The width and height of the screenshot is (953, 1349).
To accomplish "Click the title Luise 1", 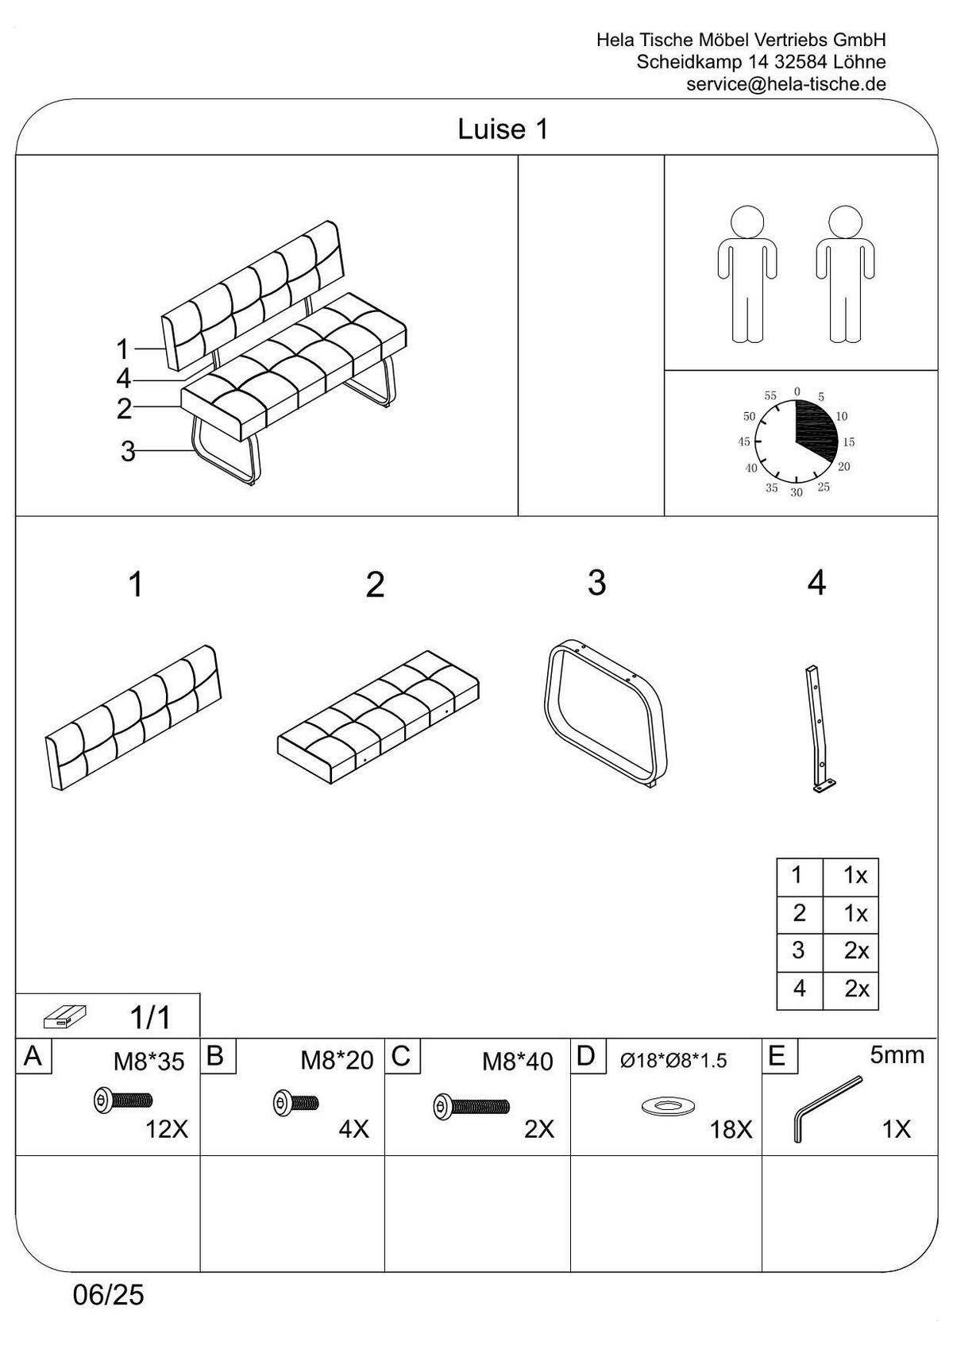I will (503, 129).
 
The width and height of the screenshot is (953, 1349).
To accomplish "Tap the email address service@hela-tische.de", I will (785, 84).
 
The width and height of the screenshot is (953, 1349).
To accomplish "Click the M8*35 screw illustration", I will (123, 1100).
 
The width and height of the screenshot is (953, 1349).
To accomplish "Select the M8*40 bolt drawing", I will (471, 1106).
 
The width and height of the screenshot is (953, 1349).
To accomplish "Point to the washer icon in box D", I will (666, 1105).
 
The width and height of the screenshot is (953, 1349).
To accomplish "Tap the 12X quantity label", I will (166, 1129).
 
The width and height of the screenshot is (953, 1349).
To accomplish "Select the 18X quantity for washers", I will (730, 1130).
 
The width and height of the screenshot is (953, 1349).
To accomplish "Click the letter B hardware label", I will (215, 1056).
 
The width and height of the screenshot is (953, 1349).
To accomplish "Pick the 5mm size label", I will (897, 1055).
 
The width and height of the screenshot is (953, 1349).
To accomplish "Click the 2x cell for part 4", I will (855, 989).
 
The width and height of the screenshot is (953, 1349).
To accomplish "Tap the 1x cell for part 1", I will (855, 876).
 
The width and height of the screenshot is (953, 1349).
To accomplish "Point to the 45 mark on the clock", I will (744, 442).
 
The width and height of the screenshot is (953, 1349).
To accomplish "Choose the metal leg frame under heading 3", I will (605, 711).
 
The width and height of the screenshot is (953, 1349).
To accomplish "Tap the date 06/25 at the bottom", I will (109, 1296).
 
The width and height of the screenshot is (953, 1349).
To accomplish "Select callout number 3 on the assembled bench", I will (128, 451).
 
